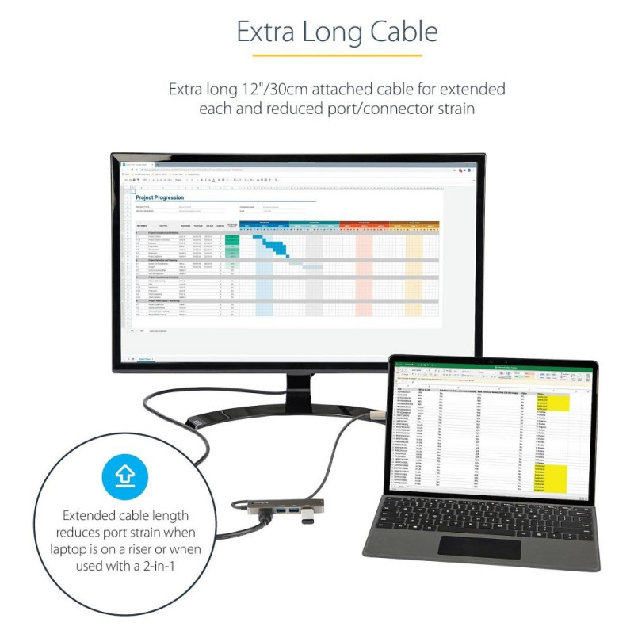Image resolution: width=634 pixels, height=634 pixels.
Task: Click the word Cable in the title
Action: pyautogui.click(x=401, y=32)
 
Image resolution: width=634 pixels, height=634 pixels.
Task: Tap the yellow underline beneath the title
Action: pyautogui.click(x=337, y=55)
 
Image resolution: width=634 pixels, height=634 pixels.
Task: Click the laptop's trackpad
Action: pyautogui.click(x=474, y=547)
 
